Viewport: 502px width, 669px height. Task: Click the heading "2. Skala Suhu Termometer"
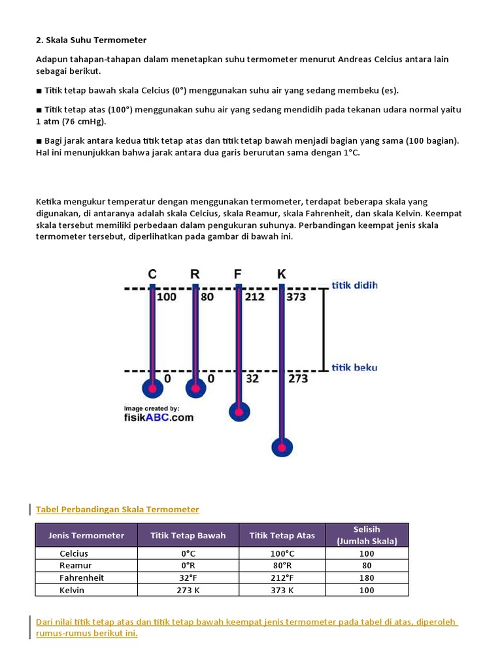[91, 40]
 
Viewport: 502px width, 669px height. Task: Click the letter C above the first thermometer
[152, 274]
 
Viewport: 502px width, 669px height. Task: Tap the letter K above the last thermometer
[282, 274]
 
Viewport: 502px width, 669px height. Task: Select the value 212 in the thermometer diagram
[255, 297]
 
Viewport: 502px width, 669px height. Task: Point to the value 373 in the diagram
[297, 297]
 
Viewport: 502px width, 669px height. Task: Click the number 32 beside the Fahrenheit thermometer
[252, 379]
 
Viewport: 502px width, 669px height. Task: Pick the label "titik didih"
[355, 286]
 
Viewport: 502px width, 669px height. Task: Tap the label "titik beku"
[355, 368]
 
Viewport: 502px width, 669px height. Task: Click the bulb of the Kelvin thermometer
[282, 448]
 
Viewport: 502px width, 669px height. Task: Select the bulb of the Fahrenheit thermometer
[239, 412]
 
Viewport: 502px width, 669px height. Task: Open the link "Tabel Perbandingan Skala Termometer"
[118, 509]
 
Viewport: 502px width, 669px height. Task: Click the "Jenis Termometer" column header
[86, 536]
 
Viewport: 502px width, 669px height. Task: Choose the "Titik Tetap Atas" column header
[282, 536]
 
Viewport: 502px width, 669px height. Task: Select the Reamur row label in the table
[76, 566]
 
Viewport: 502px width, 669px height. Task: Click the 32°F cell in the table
[188, 578]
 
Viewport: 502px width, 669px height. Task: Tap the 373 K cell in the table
[282, 591]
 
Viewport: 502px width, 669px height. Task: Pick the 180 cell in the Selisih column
[367, 578]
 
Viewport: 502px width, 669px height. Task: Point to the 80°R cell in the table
[282, 566]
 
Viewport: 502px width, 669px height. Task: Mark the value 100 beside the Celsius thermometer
[167, 297]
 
